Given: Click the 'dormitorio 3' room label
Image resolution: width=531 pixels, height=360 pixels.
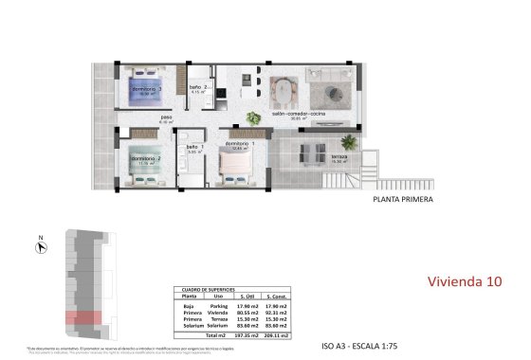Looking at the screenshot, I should click(147, 89).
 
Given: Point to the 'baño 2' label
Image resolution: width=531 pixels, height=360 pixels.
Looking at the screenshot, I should click(196, 86).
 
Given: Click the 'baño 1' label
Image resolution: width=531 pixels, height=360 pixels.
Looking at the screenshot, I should click(192, 147).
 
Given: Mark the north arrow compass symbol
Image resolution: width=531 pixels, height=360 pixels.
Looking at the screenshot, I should click(41, 247).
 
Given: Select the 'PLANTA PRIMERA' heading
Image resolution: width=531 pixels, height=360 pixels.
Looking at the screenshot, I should click(405, 200).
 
